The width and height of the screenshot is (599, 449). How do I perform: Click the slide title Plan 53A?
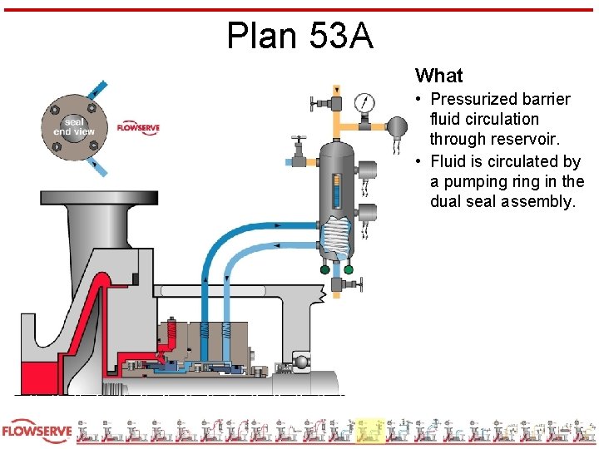(299, 35)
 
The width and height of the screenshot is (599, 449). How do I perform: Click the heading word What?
(438, 76)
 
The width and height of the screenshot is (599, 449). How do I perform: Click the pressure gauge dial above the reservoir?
(364, 103)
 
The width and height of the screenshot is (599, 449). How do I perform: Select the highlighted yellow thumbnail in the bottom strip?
(369, 431)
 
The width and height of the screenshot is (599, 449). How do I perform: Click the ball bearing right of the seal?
(300, 362)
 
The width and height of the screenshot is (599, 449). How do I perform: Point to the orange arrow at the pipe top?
(336, 88)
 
